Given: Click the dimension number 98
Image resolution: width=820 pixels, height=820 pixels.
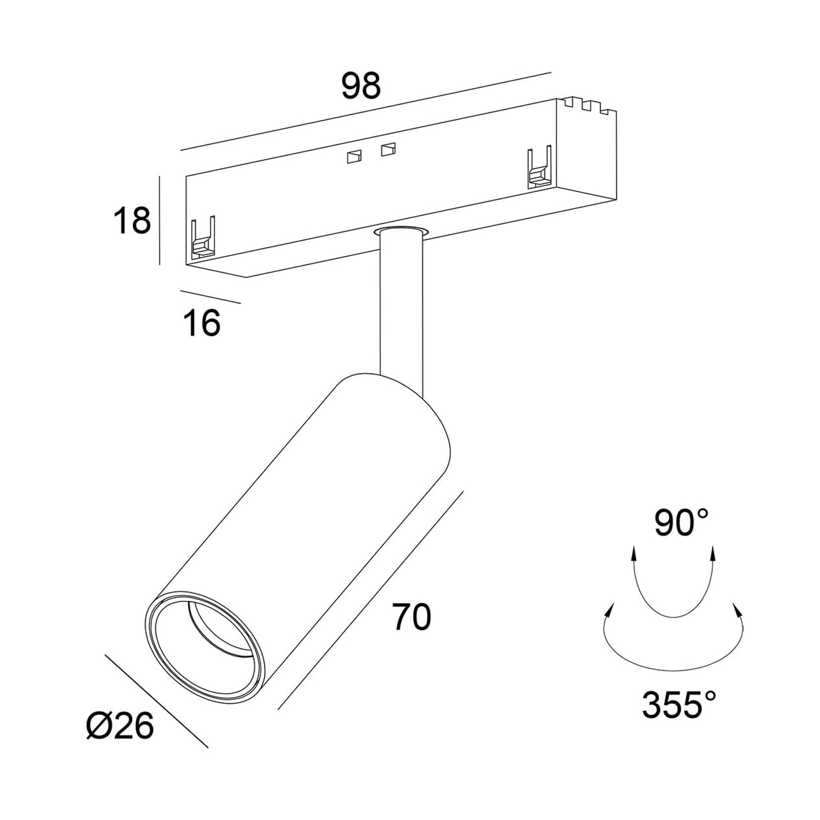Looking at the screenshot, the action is [x=361, y=86].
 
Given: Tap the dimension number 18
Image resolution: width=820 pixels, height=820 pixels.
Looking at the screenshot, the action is [x=132, y=220].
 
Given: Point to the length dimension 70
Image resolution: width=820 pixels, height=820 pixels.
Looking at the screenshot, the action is [x=412, y=617].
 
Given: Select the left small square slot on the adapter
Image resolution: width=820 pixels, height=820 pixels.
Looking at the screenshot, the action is [x=354, y=156].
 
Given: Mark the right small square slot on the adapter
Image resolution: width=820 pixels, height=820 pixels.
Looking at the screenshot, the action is [x=388, y=149].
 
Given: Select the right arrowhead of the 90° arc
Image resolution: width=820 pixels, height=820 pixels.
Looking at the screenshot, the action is [x=712, y=554].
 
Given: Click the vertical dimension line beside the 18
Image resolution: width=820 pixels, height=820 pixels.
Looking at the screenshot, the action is [x=159, y=221].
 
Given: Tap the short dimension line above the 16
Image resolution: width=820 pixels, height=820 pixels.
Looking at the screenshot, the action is [x=210, y=297].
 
